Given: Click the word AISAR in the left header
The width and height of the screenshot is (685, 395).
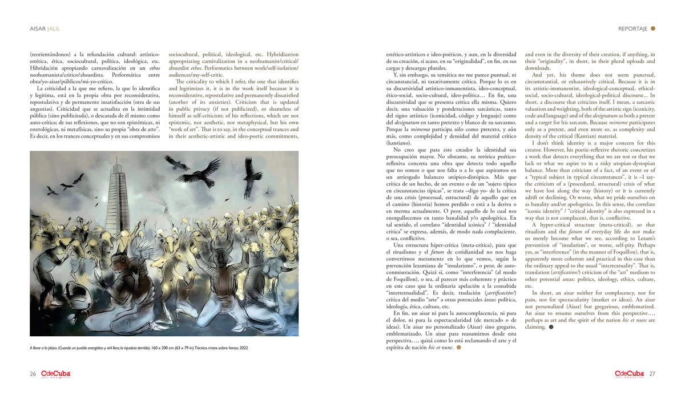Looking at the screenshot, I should click(x=38, y=28).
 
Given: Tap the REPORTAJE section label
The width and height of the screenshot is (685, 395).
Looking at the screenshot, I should click(x=632, y=28).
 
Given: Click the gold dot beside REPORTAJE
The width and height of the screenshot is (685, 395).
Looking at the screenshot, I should click(x=653, y=28).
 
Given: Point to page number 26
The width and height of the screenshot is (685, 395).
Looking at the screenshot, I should click(x=33, y=374).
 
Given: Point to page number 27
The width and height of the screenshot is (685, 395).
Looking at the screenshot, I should click(x=652, y=374).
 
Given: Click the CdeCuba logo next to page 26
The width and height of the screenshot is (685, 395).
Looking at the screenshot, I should click(x=55, y=374).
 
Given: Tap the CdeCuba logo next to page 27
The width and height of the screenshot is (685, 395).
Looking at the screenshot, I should click(x=630, y=374).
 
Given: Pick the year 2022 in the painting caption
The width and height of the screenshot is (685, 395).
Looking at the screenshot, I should click(x=243, y=348).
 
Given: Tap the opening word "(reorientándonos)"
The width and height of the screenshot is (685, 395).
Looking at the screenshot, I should click(x=50, y=54).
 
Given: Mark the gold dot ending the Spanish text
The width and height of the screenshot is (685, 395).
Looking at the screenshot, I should click(x=458, y=347).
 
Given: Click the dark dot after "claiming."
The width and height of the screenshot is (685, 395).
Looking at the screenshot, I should click(x=551, y=328).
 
